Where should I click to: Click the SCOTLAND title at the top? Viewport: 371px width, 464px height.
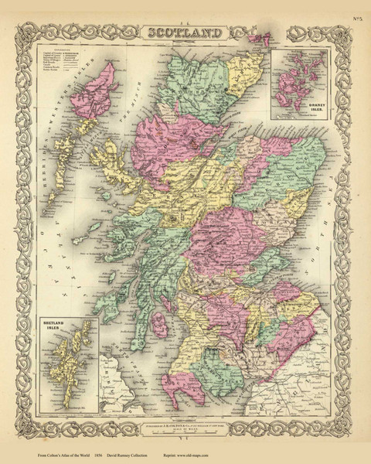185,32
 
